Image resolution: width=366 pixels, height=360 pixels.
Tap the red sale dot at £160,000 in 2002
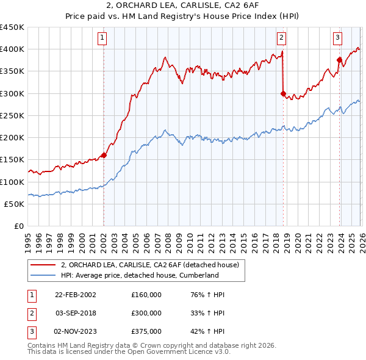(104, 155)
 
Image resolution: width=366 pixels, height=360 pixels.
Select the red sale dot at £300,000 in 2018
(283, 93)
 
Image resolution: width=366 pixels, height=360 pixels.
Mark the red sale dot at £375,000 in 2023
(339, 60)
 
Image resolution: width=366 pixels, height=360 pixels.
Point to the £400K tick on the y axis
(12, 49)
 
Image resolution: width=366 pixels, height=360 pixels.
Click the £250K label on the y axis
(12, 115)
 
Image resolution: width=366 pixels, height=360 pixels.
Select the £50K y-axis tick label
(15, 204)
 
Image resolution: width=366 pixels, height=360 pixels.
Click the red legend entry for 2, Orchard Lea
(152, 264)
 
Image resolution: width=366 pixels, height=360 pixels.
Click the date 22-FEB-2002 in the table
(76, 295)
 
